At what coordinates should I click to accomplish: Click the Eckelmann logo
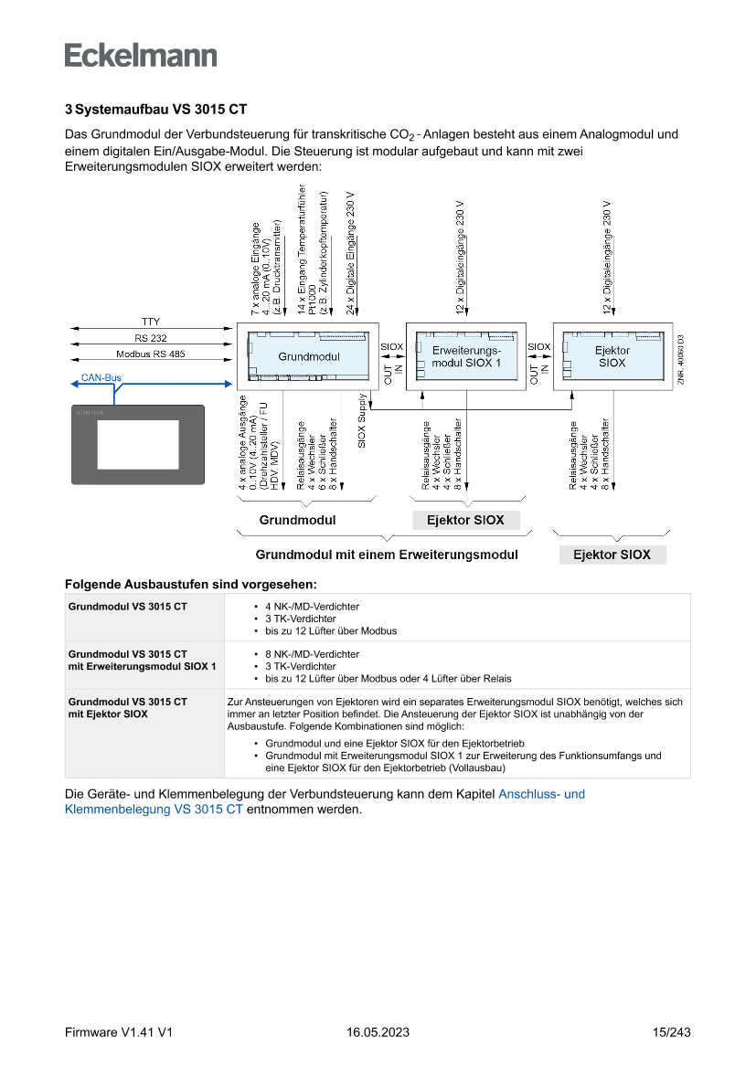141,55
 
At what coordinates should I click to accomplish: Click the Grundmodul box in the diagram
308,356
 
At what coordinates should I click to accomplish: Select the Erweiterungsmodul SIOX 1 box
466,356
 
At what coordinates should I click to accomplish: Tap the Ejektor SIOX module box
612,356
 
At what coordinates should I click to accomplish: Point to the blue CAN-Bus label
100,377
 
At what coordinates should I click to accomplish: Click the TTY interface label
150,322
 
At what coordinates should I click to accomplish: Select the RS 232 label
150,338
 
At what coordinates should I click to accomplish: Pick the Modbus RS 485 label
150,354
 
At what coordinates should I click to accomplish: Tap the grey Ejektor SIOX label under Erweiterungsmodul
466,521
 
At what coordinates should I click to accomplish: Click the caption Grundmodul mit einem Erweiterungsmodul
387,555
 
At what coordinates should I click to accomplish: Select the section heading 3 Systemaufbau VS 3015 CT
155,110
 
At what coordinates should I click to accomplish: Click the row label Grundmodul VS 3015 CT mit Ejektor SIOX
128,707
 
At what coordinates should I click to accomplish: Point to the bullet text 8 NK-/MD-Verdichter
312,654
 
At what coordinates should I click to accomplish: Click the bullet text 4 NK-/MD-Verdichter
312,607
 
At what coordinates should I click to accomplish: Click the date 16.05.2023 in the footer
378,1032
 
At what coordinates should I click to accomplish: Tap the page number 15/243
671,1032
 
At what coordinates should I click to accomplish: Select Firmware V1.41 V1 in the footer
119,1032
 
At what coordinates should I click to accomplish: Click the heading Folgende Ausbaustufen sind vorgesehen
191,583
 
